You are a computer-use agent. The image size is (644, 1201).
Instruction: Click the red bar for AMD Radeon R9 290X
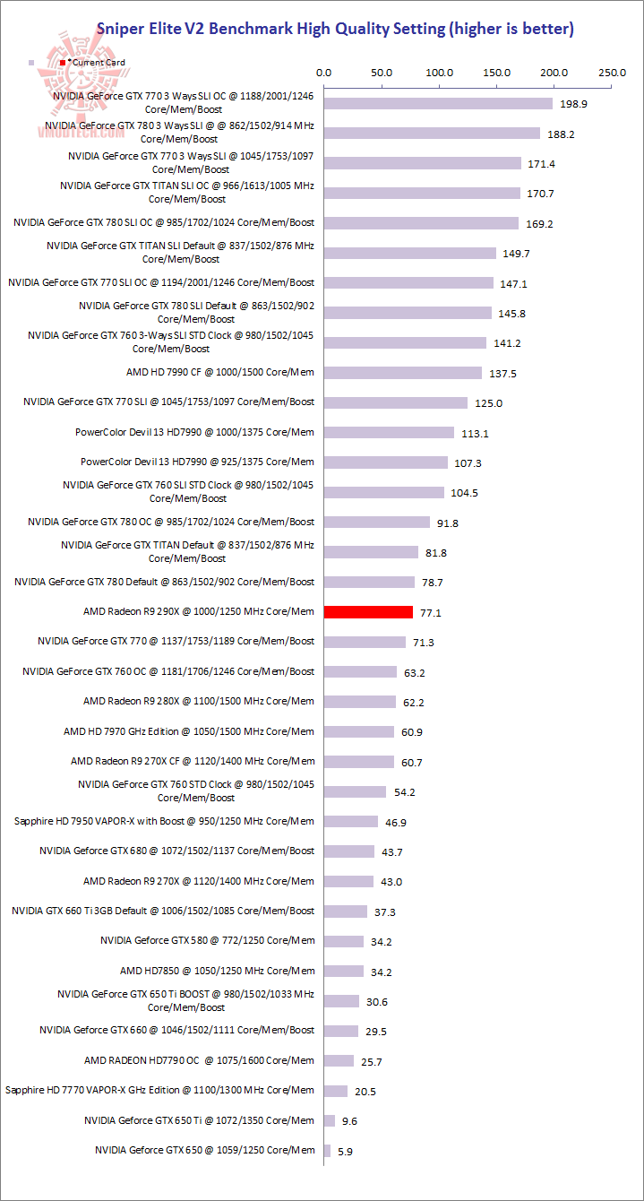[x=368, y=612]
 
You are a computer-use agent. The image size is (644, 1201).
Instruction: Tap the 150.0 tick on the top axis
[x=496, y=72]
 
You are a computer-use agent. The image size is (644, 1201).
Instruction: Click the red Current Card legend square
[x=62, y=63]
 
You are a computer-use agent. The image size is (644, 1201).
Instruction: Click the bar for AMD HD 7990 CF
[x=403, y=373]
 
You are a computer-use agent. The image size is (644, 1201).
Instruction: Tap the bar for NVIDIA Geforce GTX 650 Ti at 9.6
[x=330, y=1120]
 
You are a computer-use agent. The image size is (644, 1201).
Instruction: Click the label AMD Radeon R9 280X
[x=199, y=701]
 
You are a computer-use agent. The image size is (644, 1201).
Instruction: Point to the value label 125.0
[x=488, y=403]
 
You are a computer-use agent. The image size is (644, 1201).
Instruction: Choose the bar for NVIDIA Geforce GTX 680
[x=349, y=851]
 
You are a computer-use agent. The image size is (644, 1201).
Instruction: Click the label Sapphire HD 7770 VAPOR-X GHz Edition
[x=159, y=1090]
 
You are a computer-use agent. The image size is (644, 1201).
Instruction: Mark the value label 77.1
[x=433, y=613]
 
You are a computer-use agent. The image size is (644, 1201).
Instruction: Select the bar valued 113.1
[x=389, y=432]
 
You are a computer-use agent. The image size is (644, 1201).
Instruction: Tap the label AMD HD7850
[x=218, y=971]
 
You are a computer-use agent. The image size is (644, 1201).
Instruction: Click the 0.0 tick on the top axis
[x=324, y=72]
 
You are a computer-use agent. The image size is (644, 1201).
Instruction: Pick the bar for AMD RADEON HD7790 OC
[x=339, y=1060]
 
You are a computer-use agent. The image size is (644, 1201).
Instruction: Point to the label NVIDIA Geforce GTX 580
[x=208, y=940]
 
